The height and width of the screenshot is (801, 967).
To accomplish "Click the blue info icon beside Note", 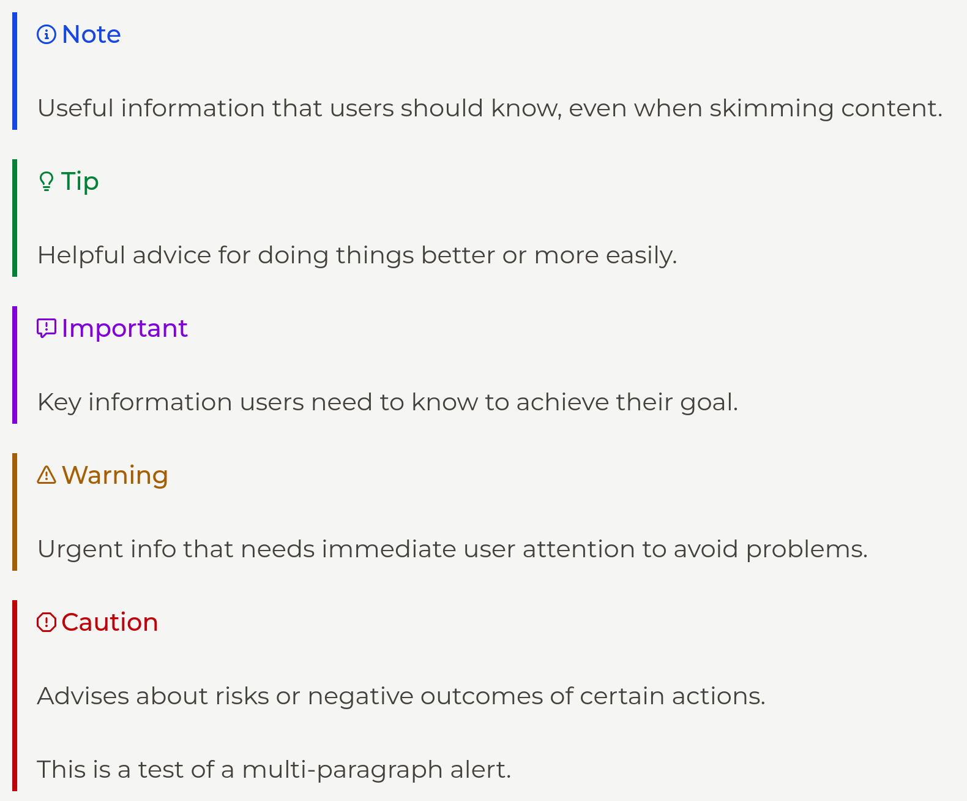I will (x=47, y=34).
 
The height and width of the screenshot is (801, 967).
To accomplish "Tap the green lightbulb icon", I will (x=46, y=181).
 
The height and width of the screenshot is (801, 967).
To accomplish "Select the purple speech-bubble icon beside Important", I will (x=47, y=328).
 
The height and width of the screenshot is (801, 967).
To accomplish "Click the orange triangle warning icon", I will (x=47, y=475).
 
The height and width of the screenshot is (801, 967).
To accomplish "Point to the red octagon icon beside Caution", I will (x=47, y=622).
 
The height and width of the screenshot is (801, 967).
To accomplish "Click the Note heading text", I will (x=91, y=34).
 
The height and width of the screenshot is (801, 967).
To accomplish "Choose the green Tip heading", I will (x=80, y=182).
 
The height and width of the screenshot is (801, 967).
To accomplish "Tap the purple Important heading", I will (x=124, y=329).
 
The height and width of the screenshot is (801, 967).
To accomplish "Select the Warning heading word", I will (x=115, y=476).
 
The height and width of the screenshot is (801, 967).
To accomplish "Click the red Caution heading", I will (x=110, y=622).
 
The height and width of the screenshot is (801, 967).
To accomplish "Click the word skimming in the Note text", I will (x=771, y=108).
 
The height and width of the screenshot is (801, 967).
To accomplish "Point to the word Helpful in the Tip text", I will (x=81, y=255).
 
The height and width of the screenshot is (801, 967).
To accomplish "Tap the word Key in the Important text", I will (x=59, y=402).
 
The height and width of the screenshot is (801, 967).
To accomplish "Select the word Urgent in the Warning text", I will (x=76, y=549).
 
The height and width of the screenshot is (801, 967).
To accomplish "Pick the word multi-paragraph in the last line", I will (x=342, y=770).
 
